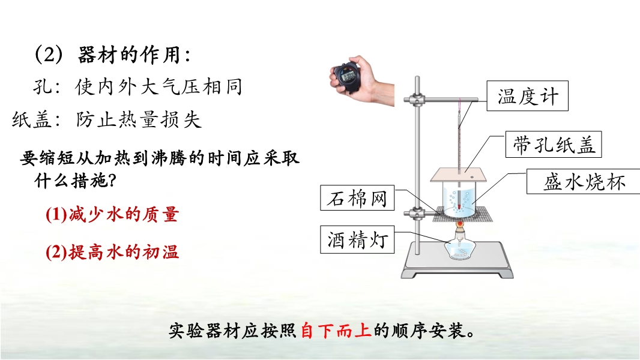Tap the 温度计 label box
527,96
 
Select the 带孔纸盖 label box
554,145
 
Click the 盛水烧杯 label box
584,181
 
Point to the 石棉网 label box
357,198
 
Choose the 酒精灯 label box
357,239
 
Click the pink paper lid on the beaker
458,175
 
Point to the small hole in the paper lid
472,177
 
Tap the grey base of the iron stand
457,261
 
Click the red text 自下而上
336,330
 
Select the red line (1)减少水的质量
112,214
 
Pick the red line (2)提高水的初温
112,252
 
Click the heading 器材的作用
130,55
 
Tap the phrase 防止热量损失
139,120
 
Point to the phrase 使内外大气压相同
158,87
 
